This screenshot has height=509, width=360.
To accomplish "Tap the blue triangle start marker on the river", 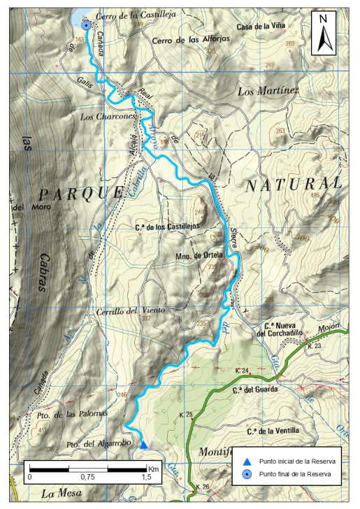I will point(143,445).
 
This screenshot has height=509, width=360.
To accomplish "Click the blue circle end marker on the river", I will point(85,25).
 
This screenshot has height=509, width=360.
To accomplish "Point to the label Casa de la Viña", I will point(262,27).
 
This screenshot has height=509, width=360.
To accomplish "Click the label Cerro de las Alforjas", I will point(189,41).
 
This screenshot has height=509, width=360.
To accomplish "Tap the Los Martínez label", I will point(268,91).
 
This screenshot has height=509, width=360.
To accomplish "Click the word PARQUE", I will point(79,194).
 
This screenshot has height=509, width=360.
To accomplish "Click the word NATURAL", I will point(294,185).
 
